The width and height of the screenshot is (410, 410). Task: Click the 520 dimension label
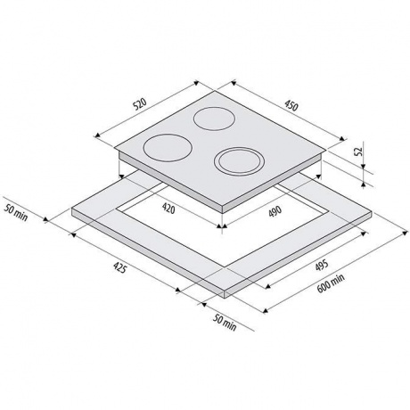(x=140, y=104)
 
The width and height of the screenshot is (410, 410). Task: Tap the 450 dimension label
(x=291, y=106)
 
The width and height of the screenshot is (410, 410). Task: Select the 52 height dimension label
(x=359, y=152)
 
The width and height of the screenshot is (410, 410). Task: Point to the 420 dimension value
(x=168, y=209)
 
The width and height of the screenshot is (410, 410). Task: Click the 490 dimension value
(x=275, y=211)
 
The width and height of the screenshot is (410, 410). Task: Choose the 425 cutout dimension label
(x=120, y=268)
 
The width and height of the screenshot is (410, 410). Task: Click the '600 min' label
(x=331, y=283)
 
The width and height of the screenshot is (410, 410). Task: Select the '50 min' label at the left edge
(x=16, y=213)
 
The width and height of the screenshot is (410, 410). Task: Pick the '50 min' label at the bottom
(x=225, y=324)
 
